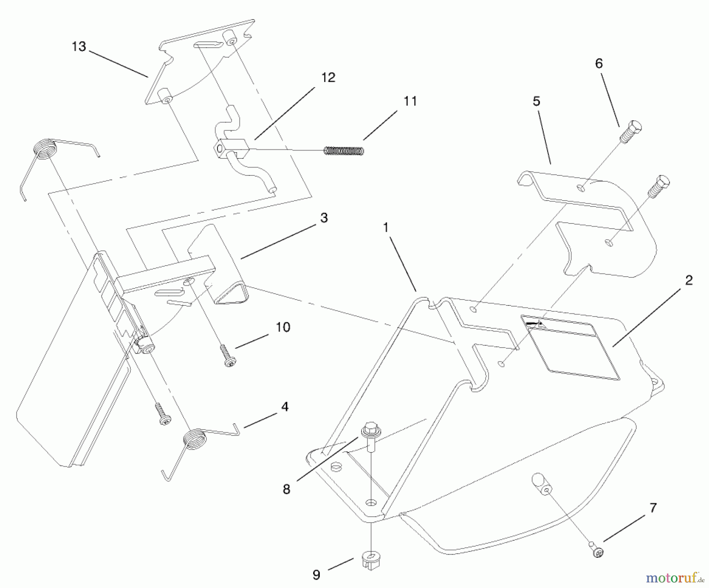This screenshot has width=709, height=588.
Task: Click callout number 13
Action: click(x=79, y=47)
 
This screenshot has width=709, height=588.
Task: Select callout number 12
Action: click(x=328, y=78)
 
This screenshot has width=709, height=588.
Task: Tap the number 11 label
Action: click(x=410, y=101)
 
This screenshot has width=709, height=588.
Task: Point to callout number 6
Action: click(x=599, y=63)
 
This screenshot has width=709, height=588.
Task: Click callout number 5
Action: click(x=536, y=102)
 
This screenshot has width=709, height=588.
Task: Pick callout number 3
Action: click(x=324, y=218)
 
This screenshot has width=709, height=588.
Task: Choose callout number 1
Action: click(x=386, y=228)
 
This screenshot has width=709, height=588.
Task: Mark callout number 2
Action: click(x=689, y=281)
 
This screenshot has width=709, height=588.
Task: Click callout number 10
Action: click(x=283, y=327)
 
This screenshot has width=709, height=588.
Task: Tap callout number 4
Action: click(x=285, y=407)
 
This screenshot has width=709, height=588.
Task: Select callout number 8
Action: click(x=286, y=489)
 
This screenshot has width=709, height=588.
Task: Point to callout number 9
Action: click(x=316, y=575)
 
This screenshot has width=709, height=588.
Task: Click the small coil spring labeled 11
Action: click(x=343, y=151)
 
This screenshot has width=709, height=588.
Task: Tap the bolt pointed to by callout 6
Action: click(x=631, y=132)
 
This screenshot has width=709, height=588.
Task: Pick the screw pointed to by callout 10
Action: click(x=227, y=356)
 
